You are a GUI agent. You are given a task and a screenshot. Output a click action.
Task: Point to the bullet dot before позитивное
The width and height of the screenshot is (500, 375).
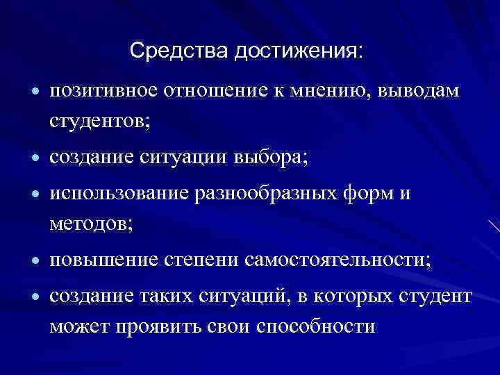[x=34, y=93]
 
